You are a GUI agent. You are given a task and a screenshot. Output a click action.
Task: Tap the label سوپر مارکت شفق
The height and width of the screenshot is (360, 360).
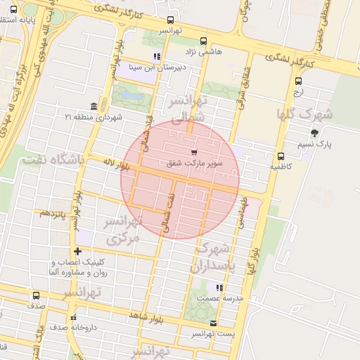194,163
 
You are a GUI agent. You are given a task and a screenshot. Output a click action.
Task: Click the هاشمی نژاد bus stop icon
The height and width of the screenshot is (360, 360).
204,41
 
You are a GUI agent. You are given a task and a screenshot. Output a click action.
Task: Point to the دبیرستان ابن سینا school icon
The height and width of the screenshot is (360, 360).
157,56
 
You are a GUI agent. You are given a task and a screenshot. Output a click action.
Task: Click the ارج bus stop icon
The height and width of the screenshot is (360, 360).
299,81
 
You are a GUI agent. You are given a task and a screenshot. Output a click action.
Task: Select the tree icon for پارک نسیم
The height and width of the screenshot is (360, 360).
314,132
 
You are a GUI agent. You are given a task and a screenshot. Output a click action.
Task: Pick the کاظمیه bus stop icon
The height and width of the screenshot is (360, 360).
281,157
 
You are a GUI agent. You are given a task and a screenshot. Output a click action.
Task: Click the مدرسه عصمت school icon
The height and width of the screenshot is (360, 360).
220,288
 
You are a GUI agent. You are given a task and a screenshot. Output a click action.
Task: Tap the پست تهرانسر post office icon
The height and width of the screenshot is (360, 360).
214,323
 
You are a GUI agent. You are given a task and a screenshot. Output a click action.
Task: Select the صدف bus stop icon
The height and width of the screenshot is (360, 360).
37,296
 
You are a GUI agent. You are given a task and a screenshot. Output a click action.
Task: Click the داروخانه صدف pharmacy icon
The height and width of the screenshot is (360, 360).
75,317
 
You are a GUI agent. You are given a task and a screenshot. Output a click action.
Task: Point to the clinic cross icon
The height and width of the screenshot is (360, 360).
77,251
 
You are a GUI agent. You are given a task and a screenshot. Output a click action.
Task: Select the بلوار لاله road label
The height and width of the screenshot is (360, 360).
117,167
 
